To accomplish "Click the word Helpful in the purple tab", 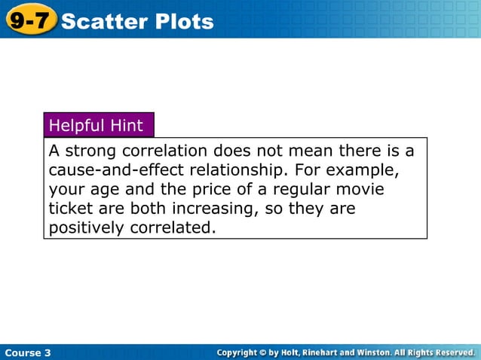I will [x=77, y=125].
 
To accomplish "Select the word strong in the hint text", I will [x=89, y=151].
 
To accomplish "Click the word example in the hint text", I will [x=360, y=169].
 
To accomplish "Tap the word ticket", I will [x=70, y=208].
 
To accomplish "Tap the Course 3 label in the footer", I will [x=28, y=352].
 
